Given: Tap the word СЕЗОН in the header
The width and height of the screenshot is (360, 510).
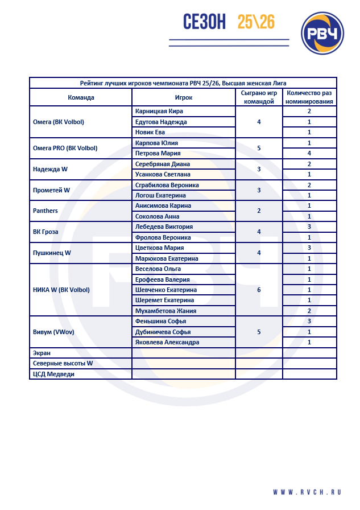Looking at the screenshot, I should coord(205,22).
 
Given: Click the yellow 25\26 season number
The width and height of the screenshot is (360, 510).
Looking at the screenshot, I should coord(256,22).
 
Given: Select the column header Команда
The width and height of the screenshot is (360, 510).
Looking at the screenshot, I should coord(81,97).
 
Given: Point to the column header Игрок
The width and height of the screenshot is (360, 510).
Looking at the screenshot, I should coord(183,97).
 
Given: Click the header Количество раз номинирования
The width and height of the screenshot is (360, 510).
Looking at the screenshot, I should coord(309,97).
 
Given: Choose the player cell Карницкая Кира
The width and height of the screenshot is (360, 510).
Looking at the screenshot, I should coord(159,112).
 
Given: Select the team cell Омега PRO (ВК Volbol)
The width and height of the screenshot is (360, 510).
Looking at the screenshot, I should coord(65,148).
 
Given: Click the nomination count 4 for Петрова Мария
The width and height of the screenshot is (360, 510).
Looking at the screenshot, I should coord(309,153).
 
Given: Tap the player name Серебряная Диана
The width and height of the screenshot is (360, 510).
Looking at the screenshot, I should coord(163,164).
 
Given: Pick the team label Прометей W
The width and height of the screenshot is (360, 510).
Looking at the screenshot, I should coord(51,190).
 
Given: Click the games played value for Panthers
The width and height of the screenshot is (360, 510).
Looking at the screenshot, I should coord(259,211).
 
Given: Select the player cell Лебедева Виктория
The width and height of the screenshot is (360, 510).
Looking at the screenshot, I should coord(164,227).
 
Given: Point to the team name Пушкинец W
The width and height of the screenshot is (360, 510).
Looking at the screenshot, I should coord(52,253).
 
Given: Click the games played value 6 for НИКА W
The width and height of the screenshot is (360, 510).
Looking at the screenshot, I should coord(259,290).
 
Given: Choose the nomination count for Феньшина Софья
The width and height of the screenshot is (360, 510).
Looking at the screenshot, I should coord(309,322).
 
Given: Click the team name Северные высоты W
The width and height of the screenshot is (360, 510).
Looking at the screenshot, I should coord(63,363).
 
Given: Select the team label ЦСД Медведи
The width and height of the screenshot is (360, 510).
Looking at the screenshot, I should coord(54,374).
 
